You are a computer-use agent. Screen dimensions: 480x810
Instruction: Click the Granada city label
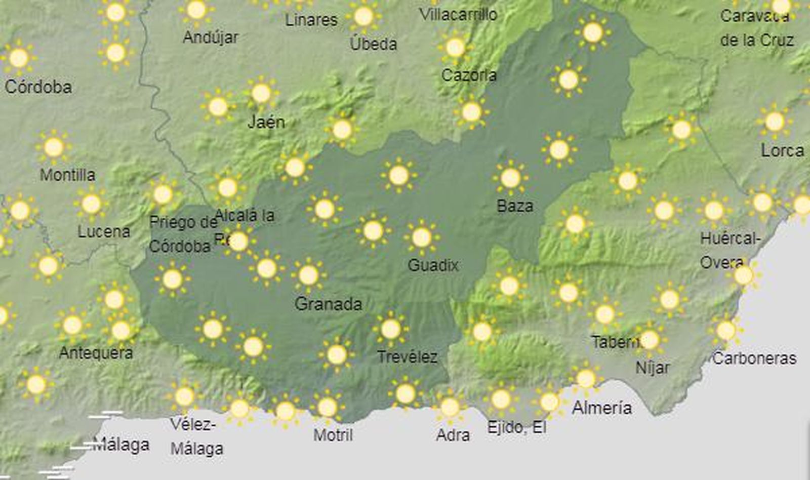328,304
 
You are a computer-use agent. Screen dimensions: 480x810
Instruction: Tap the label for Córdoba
38,87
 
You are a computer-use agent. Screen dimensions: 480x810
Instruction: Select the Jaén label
266,122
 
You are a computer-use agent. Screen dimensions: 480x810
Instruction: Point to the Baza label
515,206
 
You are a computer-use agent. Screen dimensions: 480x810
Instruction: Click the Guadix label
433,265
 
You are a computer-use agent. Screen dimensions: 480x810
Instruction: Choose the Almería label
601,408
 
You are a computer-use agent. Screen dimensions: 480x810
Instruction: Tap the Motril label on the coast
333,435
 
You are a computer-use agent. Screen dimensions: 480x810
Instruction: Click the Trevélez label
407,357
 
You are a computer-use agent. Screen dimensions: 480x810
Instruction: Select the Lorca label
782,150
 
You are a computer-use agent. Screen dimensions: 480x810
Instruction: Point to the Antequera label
96,352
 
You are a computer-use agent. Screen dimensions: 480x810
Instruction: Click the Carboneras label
754,358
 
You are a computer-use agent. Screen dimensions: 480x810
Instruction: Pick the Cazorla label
469,75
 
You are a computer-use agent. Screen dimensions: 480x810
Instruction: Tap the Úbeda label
373,44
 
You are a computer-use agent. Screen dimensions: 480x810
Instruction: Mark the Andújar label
210,37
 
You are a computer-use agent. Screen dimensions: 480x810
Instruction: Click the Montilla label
67,175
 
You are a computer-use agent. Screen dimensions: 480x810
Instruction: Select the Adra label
453,435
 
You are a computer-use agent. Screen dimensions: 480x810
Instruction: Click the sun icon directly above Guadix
422,237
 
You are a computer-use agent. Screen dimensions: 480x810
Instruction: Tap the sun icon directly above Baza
510,178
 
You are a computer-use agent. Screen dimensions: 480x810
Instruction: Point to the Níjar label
652,368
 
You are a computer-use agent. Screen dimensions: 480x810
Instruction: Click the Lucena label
104,232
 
